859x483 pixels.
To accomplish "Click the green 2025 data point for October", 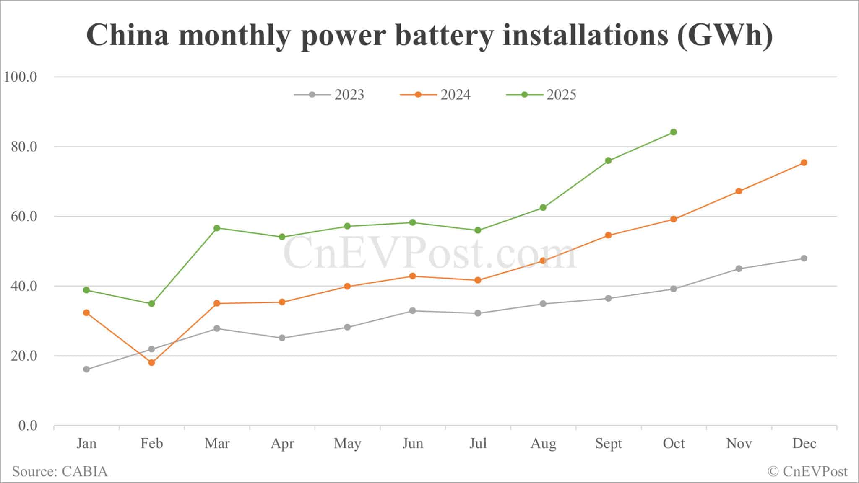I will click(674, 132).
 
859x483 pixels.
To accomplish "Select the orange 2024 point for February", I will click(151, 363).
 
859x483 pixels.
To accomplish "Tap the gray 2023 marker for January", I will click(86, 369).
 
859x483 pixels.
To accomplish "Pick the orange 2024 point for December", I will click(804, 163).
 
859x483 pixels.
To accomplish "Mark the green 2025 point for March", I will click(217, 228).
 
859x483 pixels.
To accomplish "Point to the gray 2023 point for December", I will click(804, 258).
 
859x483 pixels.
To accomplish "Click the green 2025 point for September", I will click(609, 160).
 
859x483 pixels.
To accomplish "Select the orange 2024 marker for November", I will click(739, 191).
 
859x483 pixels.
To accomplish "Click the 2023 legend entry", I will click(330, 95).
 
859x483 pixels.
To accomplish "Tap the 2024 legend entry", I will click(436, 95).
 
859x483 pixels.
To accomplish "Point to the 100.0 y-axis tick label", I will click(21, 77).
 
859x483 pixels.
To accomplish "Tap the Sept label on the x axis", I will click(609, 443).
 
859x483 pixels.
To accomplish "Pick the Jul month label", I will click(478, 443).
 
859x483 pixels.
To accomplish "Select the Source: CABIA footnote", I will click(60, 471).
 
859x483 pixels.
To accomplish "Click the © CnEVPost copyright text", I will click(807, 471).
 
